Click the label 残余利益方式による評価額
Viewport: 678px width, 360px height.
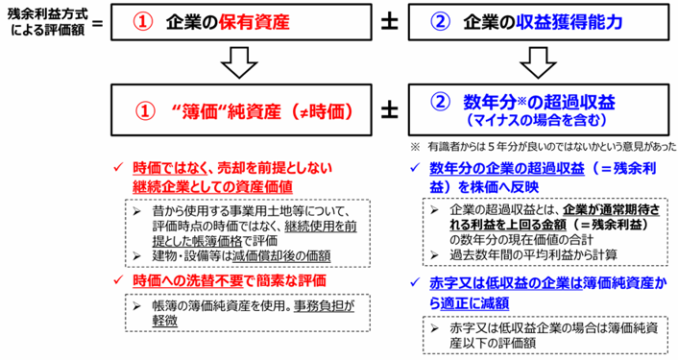(x=48, y=22)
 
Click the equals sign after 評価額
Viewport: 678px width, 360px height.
(x=98, y=22)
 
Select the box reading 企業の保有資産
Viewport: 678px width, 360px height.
(x=241, y=22)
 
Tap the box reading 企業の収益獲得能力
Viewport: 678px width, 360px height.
(x=539, y=22)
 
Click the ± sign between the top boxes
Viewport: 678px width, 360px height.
(x=390, y=22)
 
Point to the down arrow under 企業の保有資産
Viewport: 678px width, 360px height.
(x=239, y=62)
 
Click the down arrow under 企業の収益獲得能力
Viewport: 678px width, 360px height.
(x=538, y=62)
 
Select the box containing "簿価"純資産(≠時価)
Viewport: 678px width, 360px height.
(x=241, y=110)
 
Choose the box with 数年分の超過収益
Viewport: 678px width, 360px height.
(x=539, y=110)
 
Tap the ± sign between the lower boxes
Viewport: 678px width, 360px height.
(x=390, y=111)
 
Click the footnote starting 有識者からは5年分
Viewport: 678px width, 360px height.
(x=544, y=147)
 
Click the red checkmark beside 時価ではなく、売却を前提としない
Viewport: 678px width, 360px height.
(x=118, y=167)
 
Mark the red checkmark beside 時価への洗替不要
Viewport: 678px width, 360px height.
(x=118, y=280)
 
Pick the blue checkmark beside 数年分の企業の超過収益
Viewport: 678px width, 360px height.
(x=415, y=167)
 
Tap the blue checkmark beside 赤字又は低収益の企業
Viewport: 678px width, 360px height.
(x=415, y=282)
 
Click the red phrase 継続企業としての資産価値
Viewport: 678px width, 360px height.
(x=212, y=186)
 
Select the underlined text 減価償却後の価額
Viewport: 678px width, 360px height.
(x=281, y=256)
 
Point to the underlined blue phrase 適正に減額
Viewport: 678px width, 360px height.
(x=474, y=303)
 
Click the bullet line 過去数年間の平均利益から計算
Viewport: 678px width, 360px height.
(x=524, y=254)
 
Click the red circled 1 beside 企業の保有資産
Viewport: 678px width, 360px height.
(x=142, y=22)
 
